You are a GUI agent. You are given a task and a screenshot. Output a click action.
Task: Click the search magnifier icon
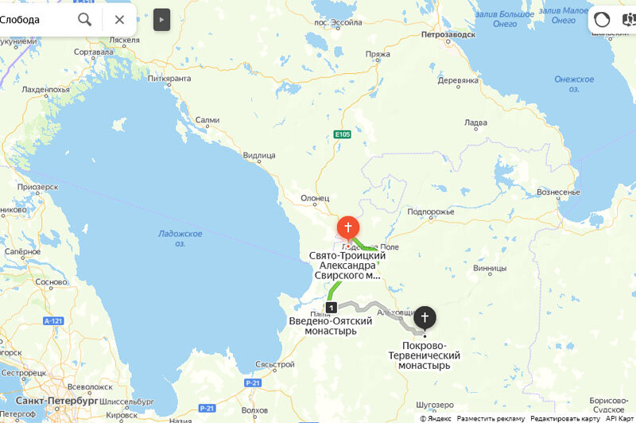coord(85,19)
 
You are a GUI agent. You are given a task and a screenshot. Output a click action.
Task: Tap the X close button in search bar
coord(119,19)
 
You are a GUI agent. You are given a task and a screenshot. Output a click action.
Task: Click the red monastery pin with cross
coord(347,227)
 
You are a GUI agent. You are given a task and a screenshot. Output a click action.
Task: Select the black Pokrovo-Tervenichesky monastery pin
coord(425,318)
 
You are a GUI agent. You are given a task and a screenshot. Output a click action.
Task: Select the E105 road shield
coord(343,134)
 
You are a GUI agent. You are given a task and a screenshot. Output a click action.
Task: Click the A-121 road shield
coord(53,320)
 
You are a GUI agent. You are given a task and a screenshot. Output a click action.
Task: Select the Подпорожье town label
coord(430,211)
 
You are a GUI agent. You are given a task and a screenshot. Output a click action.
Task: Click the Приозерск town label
coord(38,187)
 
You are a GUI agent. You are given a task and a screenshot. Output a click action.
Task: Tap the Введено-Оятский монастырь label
coord(331,325)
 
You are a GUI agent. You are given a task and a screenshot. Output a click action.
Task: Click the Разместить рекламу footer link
coord(491,418)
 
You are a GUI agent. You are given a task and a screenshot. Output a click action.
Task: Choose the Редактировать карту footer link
coord(565,418)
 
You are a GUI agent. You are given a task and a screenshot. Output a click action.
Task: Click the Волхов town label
coord(254,411)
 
